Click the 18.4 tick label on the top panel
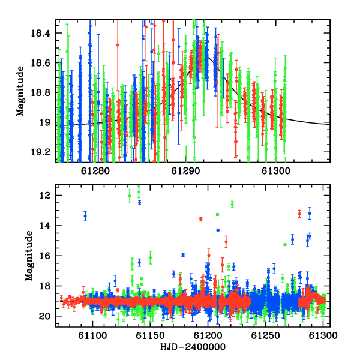40,33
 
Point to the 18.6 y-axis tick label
40,63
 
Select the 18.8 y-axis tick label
40,93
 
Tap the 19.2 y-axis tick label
40,152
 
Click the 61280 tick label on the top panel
95,171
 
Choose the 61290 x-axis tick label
185,171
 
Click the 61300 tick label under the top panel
276,171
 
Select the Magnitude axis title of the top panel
20,91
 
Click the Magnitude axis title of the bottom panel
29,256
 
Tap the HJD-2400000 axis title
193,347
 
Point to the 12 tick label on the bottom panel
44,196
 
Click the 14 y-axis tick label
44,226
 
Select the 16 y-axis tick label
44,256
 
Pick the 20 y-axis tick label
44,316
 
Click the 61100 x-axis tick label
92,335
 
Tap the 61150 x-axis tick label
150,335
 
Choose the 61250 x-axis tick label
265,335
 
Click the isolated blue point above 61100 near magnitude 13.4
85,216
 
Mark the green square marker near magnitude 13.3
217,214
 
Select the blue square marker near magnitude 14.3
218,230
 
